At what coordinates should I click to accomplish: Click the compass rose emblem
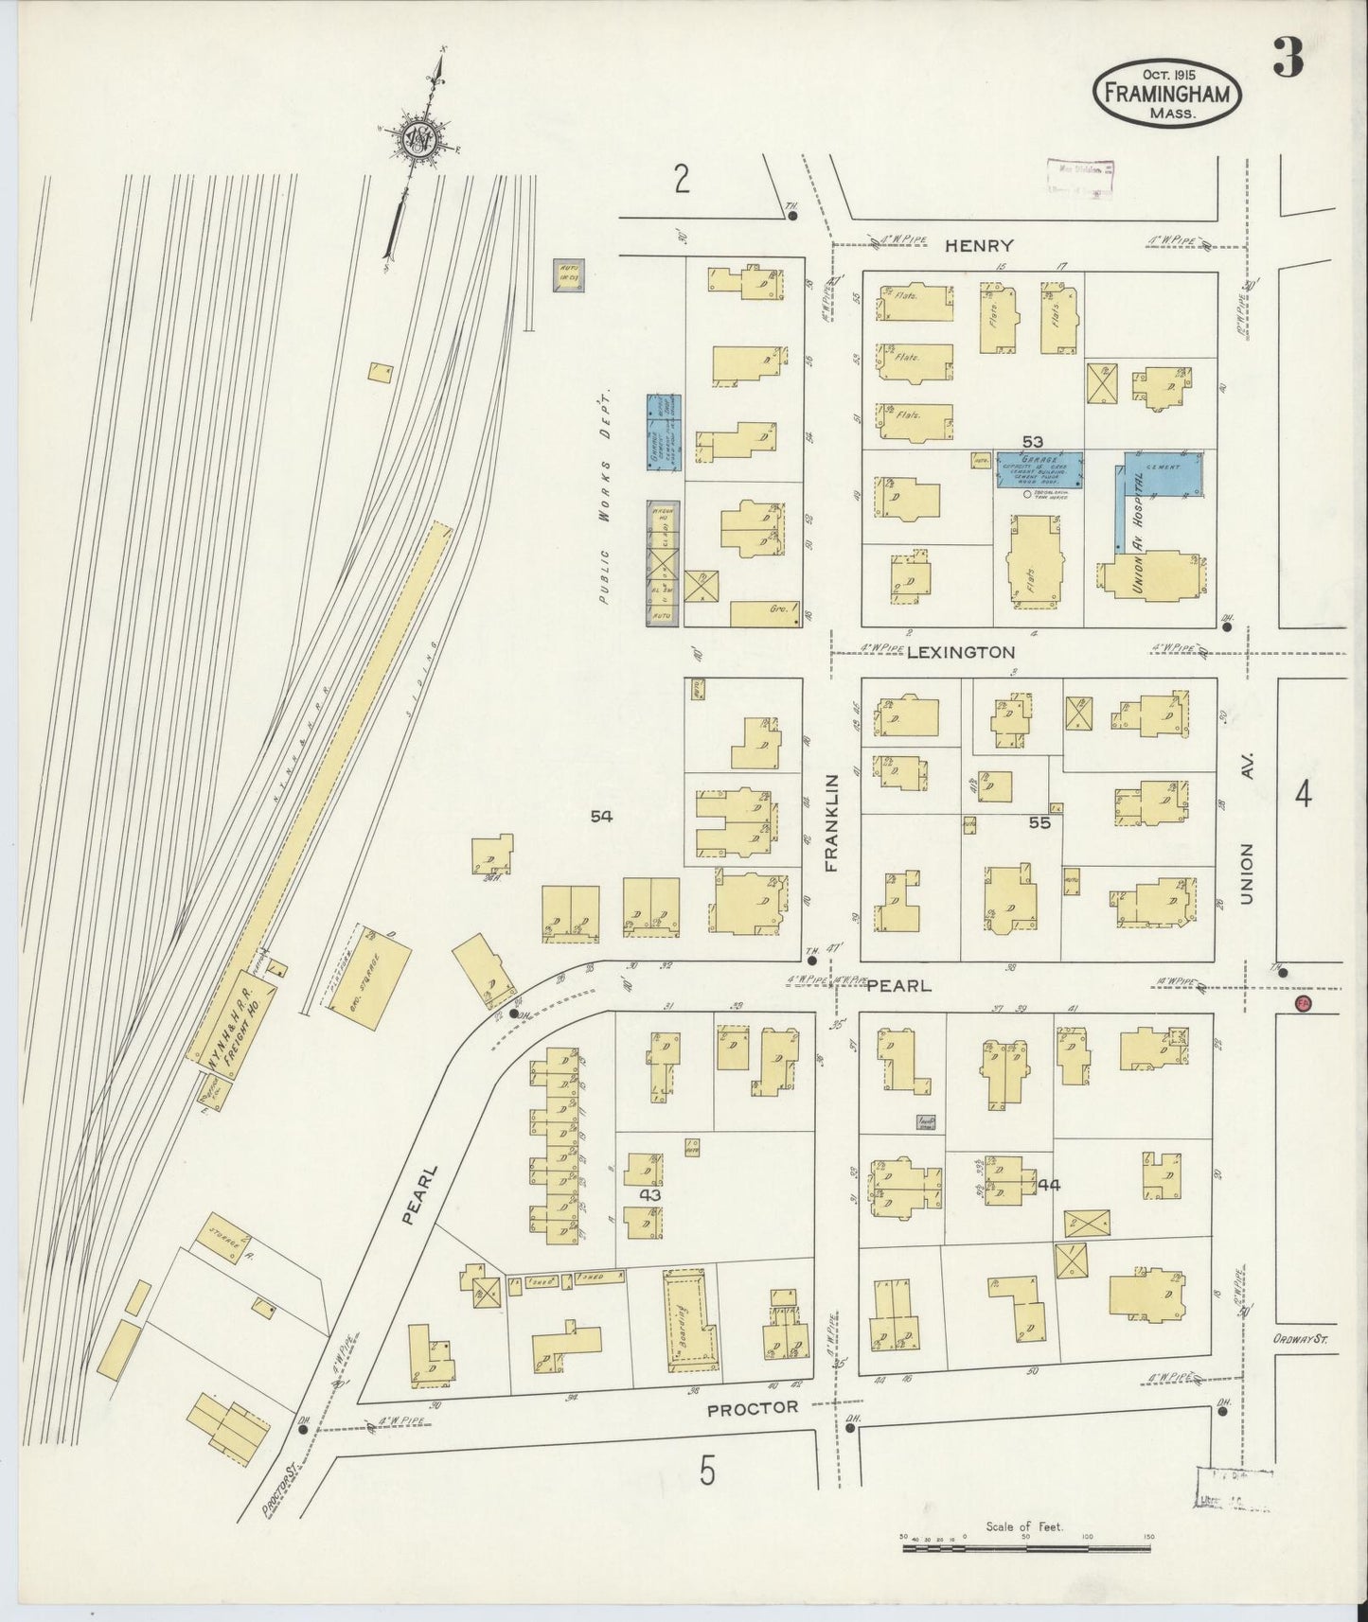click(417, 142)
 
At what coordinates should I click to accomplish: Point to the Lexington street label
click(960, 652)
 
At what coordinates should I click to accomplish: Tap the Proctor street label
click(753, 1407)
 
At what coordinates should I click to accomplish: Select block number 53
click(1032, 441)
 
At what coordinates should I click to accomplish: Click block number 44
click(1048, 1184)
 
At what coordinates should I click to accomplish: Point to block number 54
click(601, 816)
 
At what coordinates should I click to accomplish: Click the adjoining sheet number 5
click(706, 1471)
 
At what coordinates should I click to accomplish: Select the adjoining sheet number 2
click(682, 179)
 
